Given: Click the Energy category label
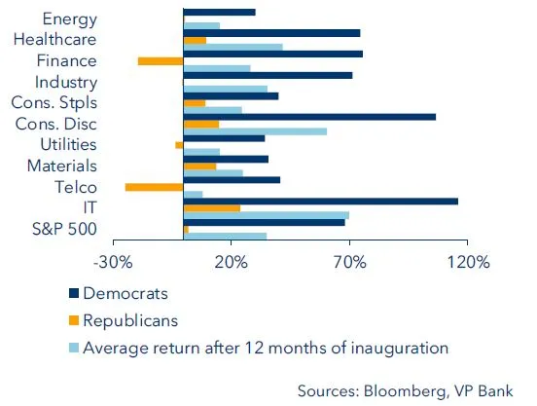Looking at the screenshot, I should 70,18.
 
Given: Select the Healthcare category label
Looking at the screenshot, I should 55,40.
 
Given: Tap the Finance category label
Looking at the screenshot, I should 65,60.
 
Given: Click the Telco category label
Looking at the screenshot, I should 76,187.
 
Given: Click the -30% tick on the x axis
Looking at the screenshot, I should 112,262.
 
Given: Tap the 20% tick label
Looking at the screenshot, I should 231,262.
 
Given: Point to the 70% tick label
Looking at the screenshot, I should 349,262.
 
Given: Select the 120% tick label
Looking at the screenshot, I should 468,262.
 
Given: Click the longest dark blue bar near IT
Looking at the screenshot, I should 320,201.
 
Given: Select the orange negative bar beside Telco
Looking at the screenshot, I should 154,187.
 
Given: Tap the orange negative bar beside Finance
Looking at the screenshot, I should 161,60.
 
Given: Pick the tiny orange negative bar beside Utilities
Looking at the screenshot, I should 179,145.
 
